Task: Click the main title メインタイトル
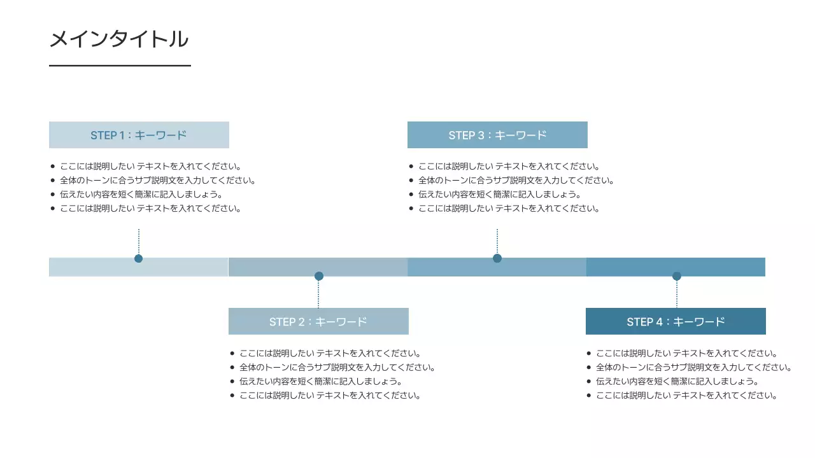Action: pos(119,39)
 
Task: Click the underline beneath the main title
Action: pos(120,66)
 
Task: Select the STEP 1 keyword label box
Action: pos(139,135)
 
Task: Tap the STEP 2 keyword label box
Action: pos(318,321)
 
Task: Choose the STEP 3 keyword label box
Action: pos(497,135)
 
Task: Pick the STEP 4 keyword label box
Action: pos(676,321)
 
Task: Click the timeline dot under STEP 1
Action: pos(138,258)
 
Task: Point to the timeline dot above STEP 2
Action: pos(319,276)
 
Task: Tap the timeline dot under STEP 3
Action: pos(497,258)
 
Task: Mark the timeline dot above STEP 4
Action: pos(677,276)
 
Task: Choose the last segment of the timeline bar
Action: pos(719,267)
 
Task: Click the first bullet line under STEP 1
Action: pos(150,167)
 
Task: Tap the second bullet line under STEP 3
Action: pos(516,181)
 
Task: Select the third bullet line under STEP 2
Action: pos(320,382)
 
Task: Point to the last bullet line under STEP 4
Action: pos(686,396)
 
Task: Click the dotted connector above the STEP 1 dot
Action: pos(139,242)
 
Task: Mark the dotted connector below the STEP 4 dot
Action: pos(677,294)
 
